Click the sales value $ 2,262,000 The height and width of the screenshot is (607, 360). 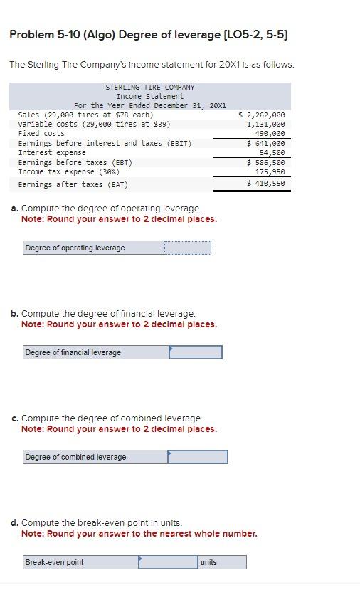click(261, 115)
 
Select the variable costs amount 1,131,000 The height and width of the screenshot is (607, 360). click(265, 124)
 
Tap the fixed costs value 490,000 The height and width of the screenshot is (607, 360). click(269, 133)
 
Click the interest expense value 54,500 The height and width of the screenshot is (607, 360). click(272, 152)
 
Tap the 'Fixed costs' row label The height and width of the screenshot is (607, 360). click(41, 133)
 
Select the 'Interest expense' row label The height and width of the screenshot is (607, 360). click(52, 152)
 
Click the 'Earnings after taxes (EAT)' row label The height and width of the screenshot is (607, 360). click(73, 185)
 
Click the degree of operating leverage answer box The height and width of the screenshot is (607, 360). click(188, 248)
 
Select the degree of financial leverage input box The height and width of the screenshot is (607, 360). click(195, 352)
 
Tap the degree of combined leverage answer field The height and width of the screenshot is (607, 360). click(197, 457)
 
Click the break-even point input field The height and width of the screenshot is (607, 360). click(168, 562)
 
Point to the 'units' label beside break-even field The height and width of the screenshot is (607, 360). click(208, 562)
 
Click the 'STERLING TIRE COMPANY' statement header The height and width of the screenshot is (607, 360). click(149, 87)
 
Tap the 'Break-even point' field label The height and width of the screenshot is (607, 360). click(54, 562)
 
